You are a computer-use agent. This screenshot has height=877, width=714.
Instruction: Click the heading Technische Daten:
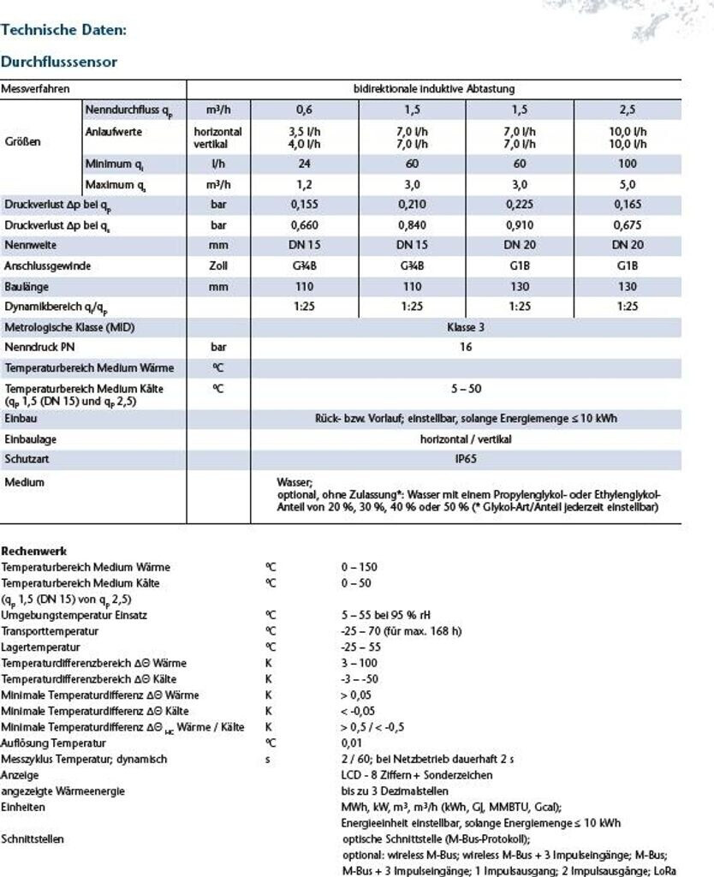click(64, 30)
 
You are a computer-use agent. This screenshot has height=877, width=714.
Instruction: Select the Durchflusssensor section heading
click(59, 63)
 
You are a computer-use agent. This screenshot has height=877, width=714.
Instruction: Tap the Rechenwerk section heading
click(34, 552)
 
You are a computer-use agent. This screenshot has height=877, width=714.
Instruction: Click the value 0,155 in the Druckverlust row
click(305, 206)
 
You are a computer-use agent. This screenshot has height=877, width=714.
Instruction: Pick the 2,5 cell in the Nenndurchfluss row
click(628, 110)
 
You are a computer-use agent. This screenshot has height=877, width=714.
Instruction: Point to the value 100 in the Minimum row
click(628, 164)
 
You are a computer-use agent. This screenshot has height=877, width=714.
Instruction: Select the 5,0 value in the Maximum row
click(628, 184)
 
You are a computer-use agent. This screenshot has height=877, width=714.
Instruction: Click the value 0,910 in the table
click(520, 225)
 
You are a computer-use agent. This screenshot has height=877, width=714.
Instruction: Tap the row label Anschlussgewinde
click(47, 266)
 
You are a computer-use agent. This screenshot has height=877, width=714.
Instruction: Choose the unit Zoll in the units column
click(218, 266)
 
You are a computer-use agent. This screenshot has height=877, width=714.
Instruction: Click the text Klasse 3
click(466, 327)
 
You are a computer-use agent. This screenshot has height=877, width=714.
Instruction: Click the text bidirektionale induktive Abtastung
click(434, 88)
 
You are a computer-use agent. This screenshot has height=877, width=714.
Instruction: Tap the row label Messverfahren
click(35, 88)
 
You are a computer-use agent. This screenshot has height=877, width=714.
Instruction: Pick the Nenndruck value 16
click(466, 348)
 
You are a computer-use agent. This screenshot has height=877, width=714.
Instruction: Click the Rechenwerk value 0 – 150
click(359, 567)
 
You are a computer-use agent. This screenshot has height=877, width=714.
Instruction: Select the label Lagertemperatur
click(38, 647)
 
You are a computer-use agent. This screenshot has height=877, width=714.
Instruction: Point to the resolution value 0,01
click(351, 743)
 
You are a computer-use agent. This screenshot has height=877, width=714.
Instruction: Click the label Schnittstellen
click(33, 838)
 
